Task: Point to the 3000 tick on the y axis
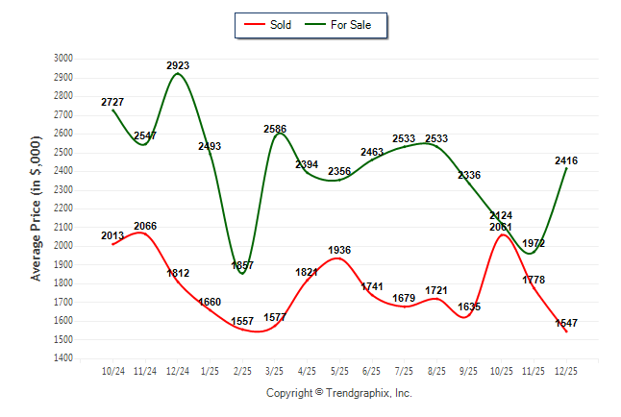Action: click(62, 59)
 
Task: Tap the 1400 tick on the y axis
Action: click(62, 358)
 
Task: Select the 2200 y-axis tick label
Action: click(62, 208)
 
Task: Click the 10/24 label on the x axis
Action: click(112, 370)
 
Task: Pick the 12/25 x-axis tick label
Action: click(566, 370)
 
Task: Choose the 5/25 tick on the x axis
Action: click(339, 370)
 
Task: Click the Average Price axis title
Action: click(37, 208)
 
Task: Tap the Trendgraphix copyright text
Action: click(338, 393)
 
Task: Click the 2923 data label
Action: click(178, 66)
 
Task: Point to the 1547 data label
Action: click(566, 324)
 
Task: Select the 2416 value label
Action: click(566, 161)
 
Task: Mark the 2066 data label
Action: click(145, 227)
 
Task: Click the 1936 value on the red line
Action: click(339, 251)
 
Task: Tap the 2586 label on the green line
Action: click(275, 129)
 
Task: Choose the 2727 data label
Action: click(112, 102)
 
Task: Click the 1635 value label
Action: click(469, 307)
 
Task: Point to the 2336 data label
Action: click(469, 176)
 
